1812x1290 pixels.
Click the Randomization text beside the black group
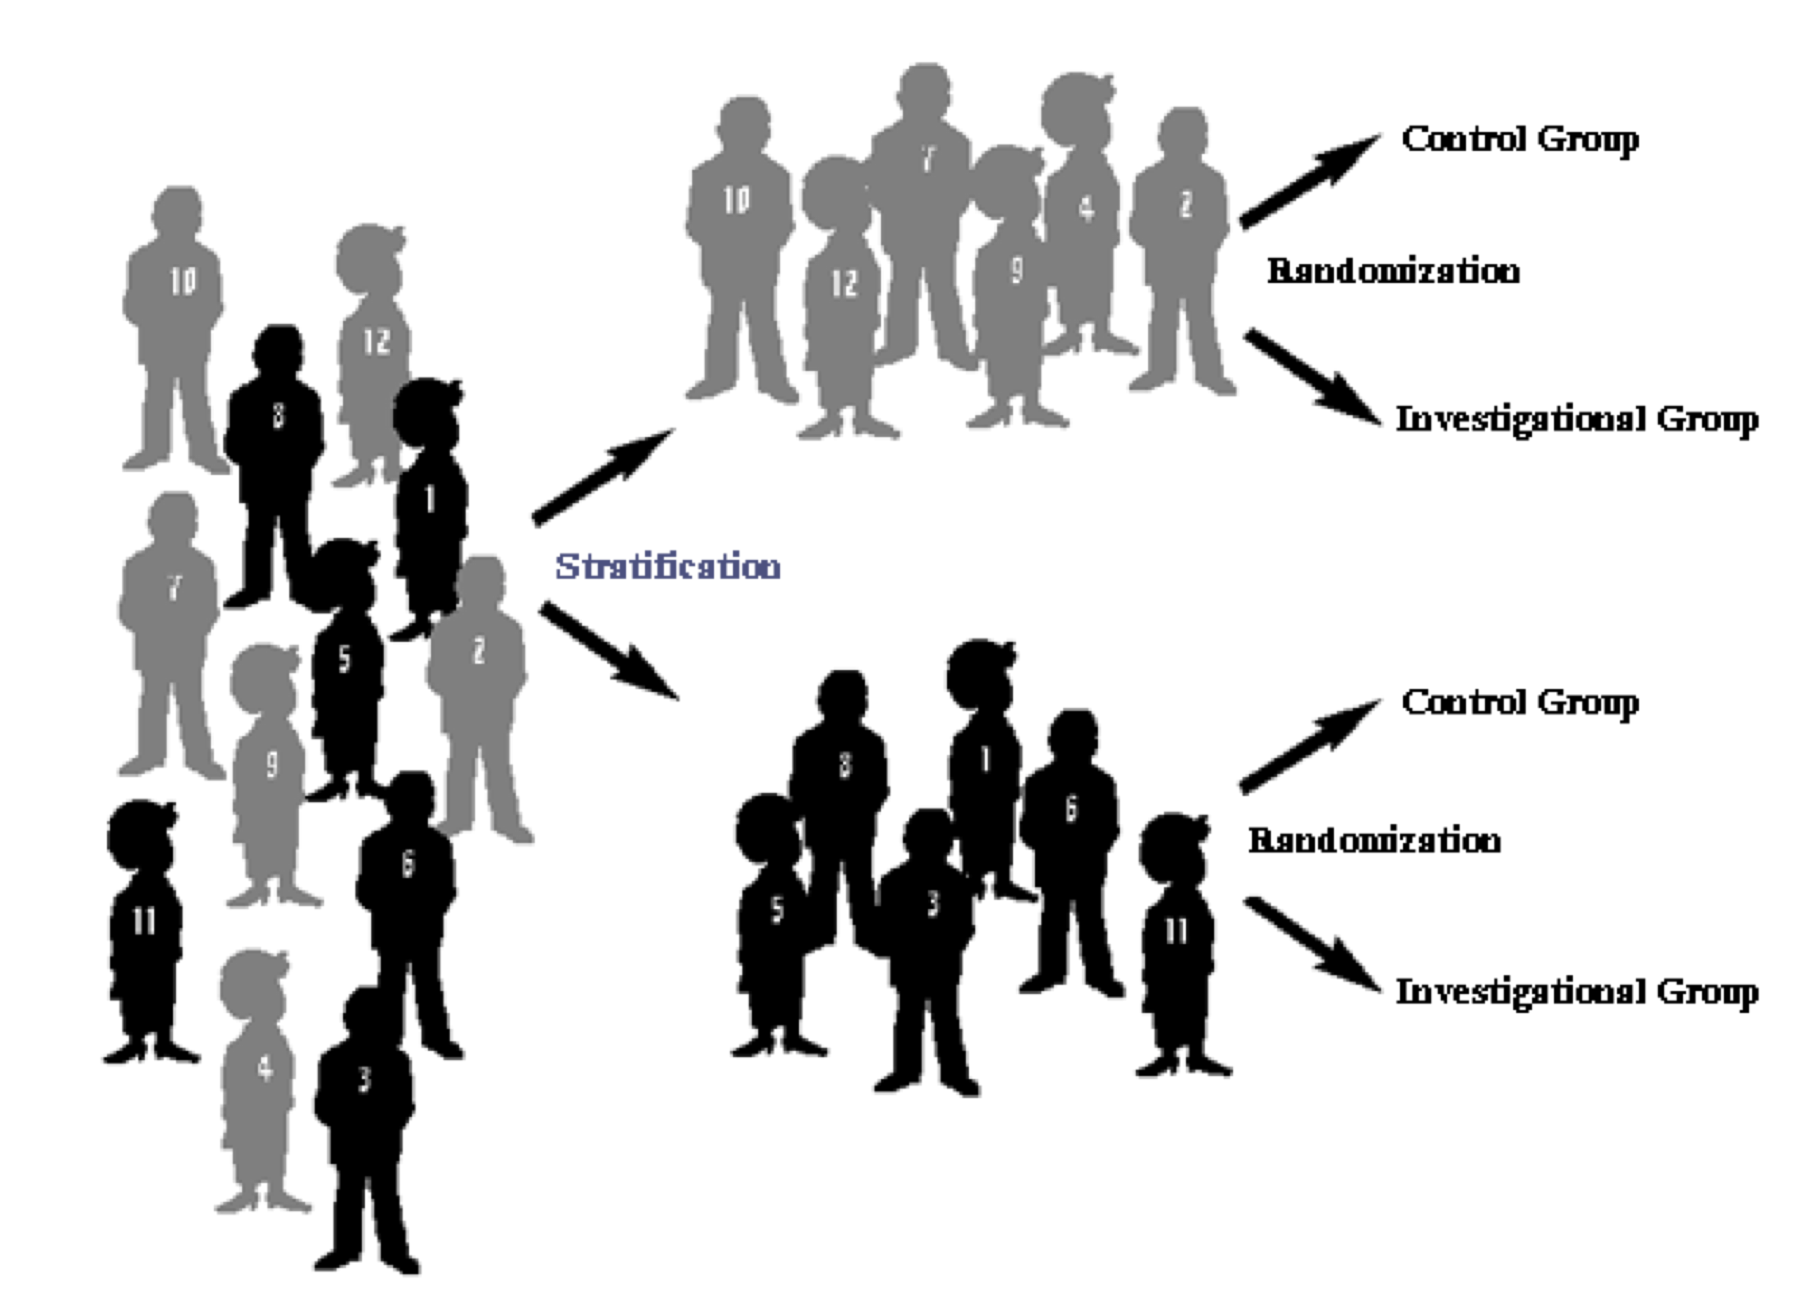tap(1374, 840)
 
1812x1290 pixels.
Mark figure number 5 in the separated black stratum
tap(774, 921)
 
